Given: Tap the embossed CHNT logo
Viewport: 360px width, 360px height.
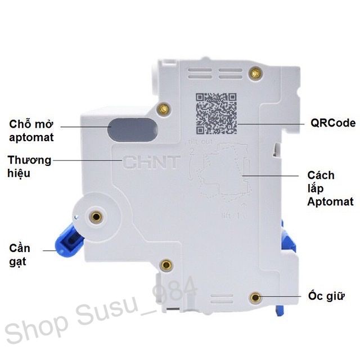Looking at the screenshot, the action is [x=152, y=163].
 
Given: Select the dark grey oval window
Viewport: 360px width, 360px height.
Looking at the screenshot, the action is [x=133, y=129].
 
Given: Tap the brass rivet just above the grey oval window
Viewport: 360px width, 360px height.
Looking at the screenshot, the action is [x=164, y=110].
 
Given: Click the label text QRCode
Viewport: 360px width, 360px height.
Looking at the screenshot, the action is [x=333, y=123].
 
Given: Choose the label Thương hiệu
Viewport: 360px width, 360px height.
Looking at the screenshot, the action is [x=29, y=166].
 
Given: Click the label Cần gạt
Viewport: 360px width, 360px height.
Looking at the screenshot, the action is [x=20, y=254].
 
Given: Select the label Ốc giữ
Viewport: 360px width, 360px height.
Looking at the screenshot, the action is [x=327, y=296].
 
